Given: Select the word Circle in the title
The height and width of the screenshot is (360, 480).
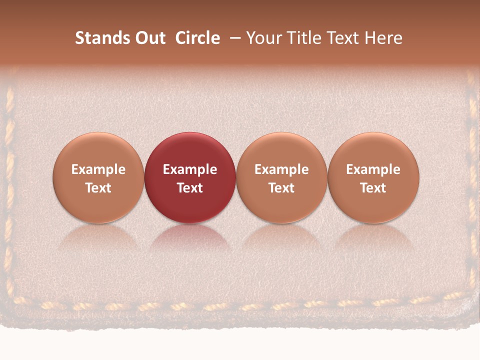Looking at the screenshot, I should click(x=197, y=38).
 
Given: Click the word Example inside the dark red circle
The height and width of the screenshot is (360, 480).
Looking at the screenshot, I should click(x=190, y=169).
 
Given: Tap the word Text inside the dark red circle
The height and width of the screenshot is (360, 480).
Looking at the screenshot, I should click(x=190, y=188).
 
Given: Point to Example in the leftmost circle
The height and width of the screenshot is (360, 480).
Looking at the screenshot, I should click(x=98, y=169).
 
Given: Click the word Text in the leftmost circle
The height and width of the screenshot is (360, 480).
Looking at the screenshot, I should click(x=98, y=188).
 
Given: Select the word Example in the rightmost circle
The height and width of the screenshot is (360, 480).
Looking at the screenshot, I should click(x=373, y=169).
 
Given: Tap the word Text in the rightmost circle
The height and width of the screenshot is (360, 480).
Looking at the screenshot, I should click(x=373, y=188).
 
